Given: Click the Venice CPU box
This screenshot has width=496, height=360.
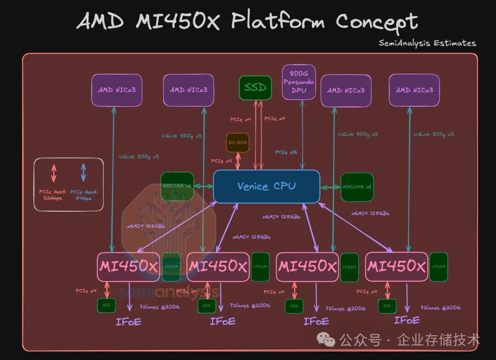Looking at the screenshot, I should [x=266, y=186].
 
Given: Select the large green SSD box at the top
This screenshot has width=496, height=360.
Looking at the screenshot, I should [x=255, y=88].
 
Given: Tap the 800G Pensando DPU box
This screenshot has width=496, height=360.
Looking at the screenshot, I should [x=299, y=82].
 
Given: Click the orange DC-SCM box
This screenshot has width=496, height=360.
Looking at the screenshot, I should [x=238, y=142].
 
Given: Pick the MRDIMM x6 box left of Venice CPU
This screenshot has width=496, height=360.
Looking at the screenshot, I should [x=177, y=187].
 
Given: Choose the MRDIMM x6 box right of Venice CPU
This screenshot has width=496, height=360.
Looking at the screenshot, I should [x=357, y=187].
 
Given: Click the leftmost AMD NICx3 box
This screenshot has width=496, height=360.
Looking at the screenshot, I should [x=117, y=90].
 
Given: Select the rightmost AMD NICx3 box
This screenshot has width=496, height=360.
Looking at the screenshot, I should [x=414, y=90].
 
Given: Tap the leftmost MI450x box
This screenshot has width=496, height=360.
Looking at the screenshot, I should [x=128, y=266].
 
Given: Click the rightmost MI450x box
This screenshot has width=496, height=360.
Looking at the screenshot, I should [x=397, y=266].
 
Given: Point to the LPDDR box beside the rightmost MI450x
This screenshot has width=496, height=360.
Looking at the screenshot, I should [x=438, y=266].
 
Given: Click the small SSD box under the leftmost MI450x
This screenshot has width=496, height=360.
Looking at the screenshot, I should [x=106, y=305].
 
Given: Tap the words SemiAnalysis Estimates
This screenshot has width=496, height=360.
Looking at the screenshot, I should [x=427, y=43].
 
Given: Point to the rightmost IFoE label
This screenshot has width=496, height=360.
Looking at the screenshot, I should [x=406, y=320].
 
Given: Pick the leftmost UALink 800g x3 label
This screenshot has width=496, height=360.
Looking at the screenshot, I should [x=139, y=157].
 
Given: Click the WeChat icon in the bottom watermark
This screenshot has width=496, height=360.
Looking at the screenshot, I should [x=329, y=341].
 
